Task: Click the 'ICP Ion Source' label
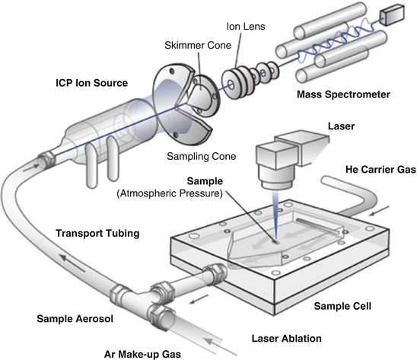point(92,83)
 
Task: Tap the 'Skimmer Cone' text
point(198,45)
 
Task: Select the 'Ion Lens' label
point(246,27)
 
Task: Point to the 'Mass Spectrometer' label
point(343,94)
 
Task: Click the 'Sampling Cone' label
point(202,157)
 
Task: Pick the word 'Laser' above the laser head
point(341,126)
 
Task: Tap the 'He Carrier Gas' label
point(380,170)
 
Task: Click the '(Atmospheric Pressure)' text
point(170,193)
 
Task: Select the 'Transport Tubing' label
point(97,234)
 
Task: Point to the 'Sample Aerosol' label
point(75,319)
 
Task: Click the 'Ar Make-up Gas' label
point(142,354)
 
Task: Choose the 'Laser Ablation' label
point(287,339)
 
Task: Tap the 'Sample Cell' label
point(342,306)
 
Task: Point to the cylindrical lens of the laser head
point(276,178)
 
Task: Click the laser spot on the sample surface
point(276,242)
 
